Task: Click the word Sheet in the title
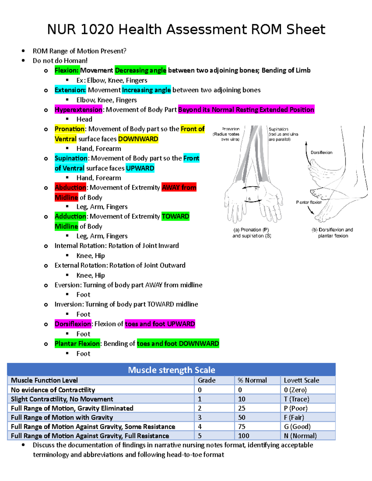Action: click(305, 30)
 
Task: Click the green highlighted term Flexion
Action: click(67, 71)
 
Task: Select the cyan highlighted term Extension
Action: click(70, 90)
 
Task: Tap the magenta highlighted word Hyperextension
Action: click(78, 110)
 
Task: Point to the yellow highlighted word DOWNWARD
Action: click(138, 139)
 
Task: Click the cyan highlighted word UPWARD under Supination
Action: click(140, 168)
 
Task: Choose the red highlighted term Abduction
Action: click(70, 188)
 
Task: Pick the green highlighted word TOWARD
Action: click(175, 216)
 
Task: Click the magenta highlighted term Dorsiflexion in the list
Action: click(73, 324)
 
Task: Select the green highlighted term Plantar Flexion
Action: click(77, 343)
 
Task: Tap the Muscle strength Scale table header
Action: click(171, 370)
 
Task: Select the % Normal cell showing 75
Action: click(242, 427)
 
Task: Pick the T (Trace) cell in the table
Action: click(296, 399)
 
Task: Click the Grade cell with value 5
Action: click(200, 436)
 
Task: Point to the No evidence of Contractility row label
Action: click(53, 390)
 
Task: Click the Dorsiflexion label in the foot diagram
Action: click(321, 153)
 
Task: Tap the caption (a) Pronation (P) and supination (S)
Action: click(252, 233)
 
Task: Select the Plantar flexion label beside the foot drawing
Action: click(309, 203)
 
